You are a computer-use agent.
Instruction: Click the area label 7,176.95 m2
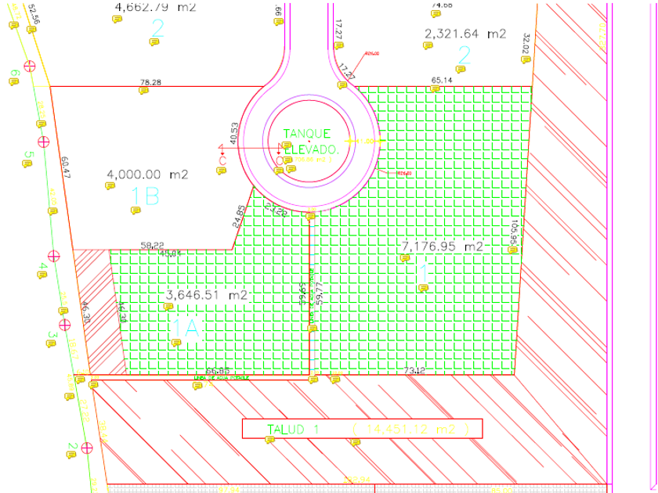[x=442, y=246]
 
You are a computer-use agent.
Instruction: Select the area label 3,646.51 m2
[x=208, y=296]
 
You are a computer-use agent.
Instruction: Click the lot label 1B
[x=145, y=196]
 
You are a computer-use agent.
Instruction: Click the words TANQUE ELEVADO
[x=308, y=141]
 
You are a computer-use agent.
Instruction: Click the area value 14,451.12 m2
[x=410, y=429]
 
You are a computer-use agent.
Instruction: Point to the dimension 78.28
[x=150, y=82]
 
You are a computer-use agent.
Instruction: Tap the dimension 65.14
[x=442, y=80]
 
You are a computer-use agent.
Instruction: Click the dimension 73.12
[x=414, y=369]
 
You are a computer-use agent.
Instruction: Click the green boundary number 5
[x=27, y=155]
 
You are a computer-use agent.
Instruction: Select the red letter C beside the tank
[x=222, y=160]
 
